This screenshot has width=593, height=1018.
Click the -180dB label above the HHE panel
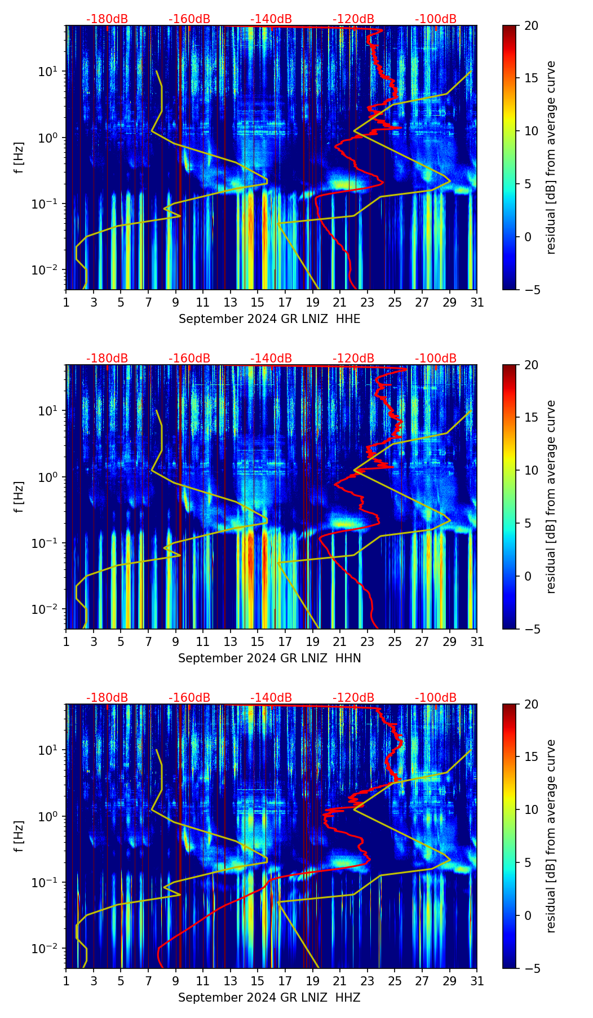point(107,19)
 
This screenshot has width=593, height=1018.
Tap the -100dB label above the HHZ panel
point(436,698)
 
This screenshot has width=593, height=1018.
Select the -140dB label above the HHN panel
point(271,358)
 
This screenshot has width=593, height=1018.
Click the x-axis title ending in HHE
point(269,319)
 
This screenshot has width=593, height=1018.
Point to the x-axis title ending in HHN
point(269,658)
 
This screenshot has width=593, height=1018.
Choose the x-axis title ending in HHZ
point(269,998)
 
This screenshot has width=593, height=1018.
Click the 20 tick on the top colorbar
point(531,25)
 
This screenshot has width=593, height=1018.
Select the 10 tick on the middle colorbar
point(531,470)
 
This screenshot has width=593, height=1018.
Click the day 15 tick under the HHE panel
point(258,302)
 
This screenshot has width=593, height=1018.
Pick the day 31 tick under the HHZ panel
point(477,981)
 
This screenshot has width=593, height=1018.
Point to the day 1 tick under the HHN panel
point(67,641)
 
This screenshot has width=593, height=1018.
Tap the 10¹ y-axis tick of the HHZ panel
point(49,750)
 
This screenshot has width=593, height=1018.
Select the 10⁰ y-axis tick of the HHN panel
point(49,477)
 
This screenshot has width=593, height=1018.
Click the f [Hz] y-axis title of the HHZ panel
point(19,836)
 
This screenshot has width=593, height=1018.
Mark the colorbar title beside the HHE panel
point(551,157)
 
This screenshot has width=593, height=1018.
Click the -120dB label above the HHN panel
point(353,358)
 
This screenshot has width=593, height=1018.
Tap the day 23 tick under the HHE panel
point(368,302)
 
